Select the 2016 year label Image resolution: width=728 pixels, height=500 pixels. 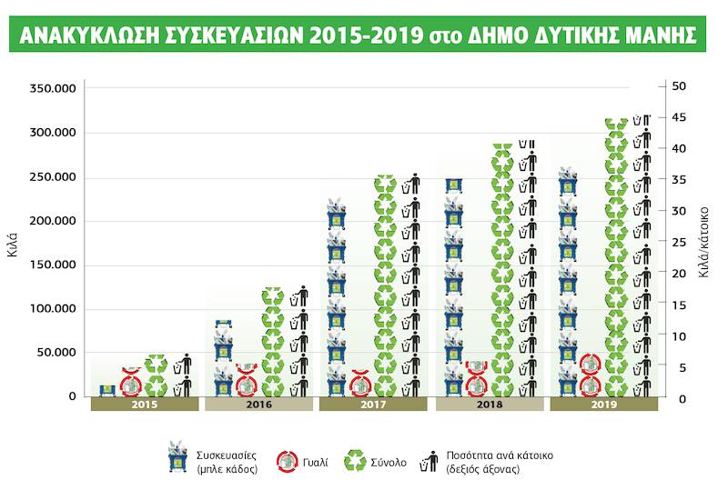point(259,405)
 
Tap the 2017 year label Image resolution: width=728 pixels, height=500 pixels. point(373,405)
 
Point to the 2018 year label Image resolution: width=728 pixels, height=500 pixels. point(490,405)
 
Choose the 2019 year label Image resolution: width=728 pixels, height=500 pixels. point(604,405)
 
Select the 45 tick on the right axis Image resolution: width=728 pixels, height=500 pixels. point(679,117)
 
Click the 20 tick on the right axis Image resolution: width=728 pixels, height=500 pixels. point(679,273)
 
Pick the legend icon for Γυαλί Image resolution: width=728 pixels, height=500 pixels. point(288,461)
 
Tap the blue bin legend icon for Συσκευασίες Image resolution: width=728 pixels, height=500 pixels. point(176,457)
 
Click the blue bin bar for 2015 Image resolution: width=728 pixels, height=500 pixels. point(107,390)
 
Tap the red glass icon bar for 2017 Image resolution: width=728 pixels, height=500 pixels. point(360,385)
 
